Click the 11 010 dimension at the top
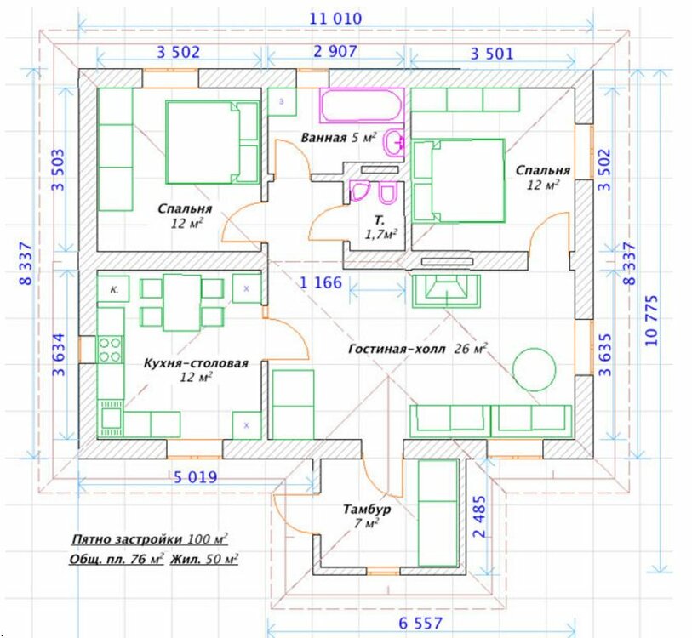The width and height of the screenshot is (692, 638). [335, 19]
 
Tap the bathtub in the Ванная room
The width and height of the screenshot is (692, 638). [362, 105]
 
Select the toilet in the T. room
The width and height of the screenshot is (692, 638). [388, 194]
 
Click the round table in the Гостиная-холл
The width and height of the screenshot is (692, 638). [534, 369]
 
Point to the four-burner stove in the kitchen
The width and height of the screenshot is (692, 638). [110, 350]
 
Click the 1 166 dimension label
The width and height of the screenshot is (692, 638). [321, 282]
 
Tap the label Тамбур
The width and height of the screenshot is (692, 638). [367, 510]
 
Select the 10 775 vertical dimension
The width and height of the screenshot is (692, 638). [651, 321]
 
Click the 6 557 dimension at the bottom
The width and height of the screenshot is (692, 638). [420, 623]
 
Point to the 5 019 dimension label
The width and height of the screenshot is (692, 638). [196, 477]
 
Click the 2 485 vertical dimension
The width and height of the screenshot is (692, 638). [479, 516]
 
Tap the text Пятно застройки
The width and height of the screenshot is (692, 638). [127, 539]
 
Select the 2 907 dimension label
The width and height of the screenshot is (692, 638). [335, 51]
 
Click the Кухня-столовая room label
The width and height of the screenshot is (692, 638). [196, 363]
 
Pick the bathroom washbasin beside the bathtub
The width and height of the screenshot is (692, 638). [394, 142]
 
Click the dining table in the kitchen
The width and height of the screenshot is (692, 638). [182, 303]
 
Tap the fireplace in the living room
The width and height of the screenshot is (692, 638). [446, 291]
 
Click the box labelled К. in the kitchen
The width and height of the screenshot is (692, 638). [113, 289]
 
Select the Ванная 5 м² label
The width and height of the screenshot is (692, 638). [339, 138]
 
